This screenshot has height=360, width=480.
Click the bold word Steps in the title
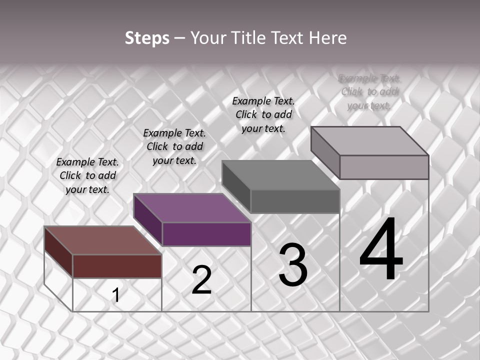coord(147,38)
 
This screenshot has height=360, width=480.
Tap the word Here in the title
coord(327,38)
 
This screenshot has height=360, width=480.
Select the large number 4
coord(381,250)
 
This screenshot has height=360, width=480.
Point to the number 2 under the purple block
coord(202,280)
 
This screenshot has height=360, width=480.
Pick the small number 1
coord(116,295)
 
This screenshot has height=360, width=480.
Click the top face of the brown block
coord(102,240)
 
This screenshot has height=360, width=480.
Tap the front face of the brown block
coord(117,266)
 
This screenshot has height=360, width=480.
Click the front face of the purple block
coord(206,234)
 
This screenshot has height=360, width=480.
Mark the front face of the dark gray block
coord(295,201)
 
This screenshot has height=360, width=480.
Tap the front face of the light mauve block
coord(384,167)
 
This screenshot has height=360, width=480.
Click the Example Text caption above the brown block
coord(87,175)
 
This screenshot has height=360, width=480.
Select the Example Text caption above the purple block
coord(174,146)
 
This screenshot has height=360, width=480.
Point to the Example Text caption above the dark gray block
coord(263,114)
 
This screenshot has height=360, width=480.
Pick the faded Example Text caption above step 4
coord(369,91)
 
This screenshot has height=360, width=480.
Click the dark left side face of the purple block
coord(148,220)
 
